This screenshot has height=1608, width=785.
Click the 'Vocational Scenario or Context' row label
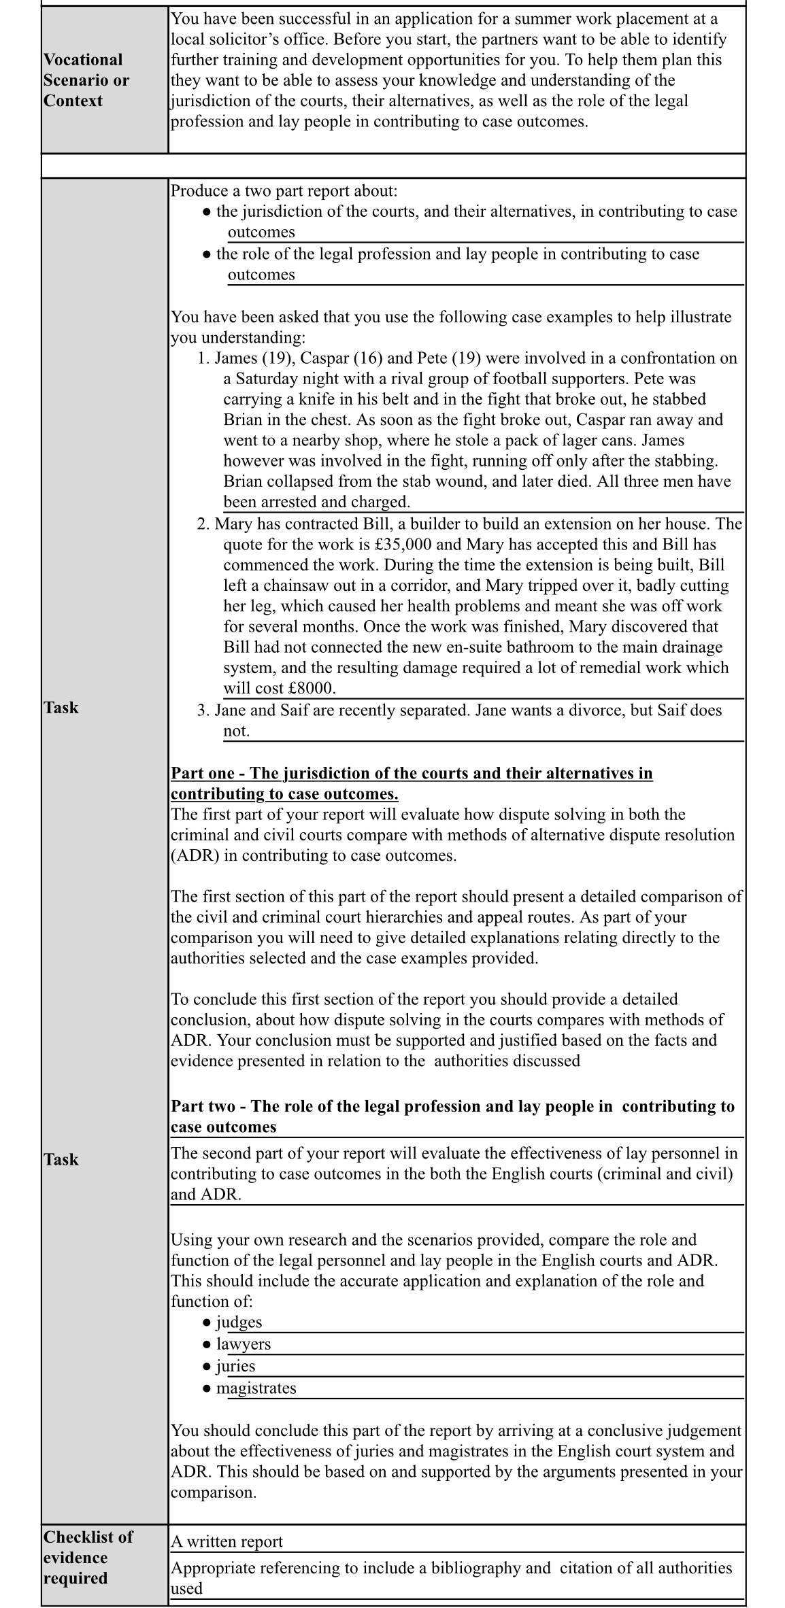(86, 80)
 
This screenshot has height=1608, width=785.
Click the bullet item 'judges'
(239, 1322)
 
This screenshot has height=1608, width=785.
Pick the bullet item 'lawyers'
(243, 1344)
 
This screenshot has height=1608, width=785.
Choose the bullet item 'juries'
(235, 1366)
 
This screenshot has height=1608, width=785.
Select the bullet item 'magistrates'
(256, 1388)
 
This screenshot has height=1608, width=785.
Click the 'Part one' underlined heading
(411, 783)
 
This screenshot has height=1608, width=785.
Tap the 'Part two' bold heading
(452, 1116)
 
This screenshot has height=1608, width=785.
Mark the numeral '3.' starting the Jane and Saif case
(203, 711)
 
